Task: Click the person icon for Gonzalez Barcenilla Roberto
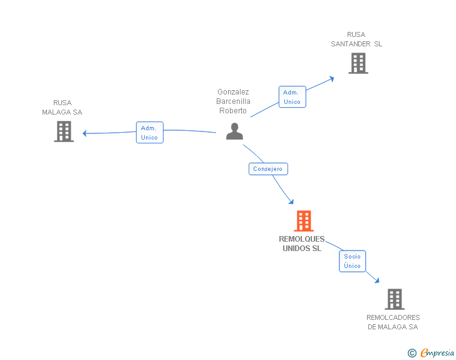[234, 131]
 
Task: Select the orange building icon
[304, 221]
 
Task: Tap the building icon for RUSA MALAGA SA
[64, 131]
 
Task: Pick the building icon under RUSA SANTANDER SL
[358, 63]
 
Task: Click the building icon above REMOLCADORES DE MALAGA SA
[395, 299]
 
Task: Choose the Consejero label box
[268, 169]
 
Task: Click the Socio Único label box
[352, 261]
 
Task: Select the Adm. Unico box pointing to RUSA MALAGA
[150, 132]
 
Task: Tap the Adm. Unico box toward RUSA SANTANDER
[293, 97]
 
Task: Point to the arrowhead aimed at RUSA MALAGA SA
[85, 133]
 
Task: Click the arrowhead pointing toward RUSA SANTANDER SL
[331, 79]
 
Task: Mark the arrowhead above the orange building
[291, 202]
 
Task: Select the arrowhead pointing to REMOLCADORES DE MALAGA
[377, 280]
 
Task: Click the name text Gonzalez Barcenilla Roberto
[233, 101]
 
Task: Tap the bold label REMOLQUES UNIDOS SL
[302, 244]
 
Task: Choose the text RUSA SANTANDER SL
[356, 39]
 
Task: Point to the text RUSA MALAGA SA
[62, 107]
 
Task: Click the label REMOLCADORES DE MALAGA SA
[393, 322]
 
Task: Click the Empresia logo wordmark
[437, 352]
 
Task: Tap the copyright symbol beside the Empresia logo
[412, 353]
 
